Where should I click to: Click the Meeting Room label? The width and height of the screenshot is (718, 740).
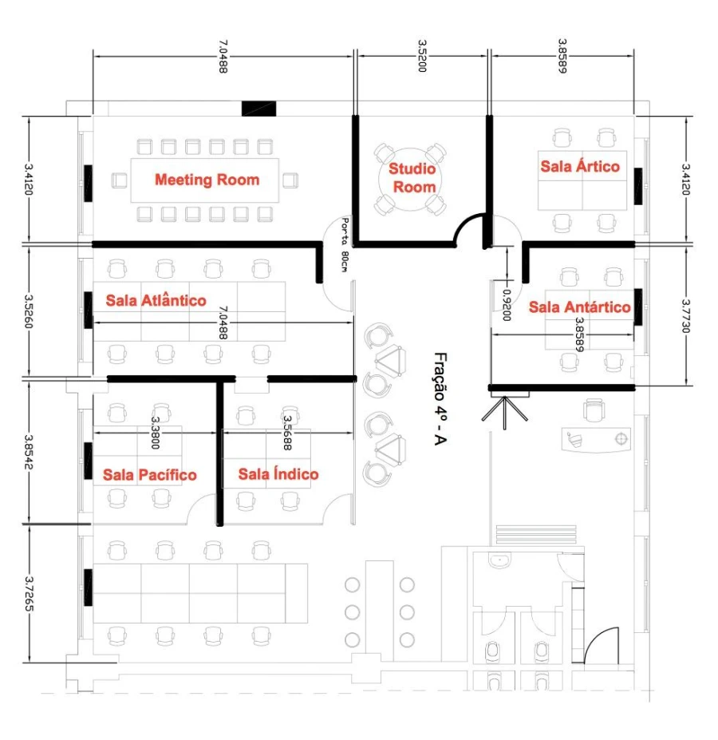pos(207,180)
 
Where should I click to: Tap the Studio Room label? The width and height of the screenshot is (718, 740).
pos(412,178)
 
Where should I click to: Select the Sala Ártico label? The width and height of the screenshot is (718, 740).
pos(580,166)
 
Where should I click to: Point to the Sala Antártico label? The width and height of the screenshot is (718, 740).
pos(579,307)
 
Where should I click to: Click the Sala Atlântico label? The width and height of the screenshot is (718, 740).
pos(156,300)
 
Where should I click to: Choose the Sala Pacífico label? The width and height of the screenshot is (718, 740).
pos(149,474)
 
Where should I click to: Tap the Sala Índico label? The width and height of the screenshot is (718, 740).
pos(278,473)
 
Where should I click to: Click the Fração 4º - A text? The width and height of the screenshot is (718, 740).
pos(440,399)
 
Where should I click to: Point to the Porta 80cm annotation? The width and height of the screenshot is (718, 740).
pos(345,244)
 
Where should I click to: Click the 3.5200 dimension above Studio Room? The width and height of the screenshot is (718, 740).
pos(422,56)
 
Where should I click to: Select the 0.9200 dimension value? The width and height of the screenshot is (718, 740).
pos(507,305)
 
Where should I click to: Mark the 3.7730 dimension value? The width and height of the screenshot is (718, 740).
pos(686,316)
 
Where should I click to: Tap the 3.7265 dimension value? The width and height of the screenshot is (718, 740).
pos(30,593)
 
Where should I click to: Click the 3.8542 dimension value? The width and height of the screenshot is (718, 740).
pos(30,453)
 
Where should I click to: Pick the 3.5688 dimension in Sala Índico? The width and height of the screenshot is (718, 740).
pos(287,433)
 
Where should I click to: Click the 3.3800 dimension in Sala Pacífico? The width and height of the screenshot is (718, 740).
pos(156,433)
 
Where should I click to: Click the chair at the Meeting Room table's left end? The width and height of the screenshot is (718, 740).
pos(119,180)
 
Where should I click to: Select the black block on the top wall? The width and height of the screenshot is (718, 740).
pos(259,109)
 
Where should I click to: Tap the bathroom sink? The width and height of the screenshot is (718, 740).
pos(499,560)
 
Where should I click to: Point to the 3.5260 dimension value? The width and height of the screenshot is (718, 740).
pos(30,312)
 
